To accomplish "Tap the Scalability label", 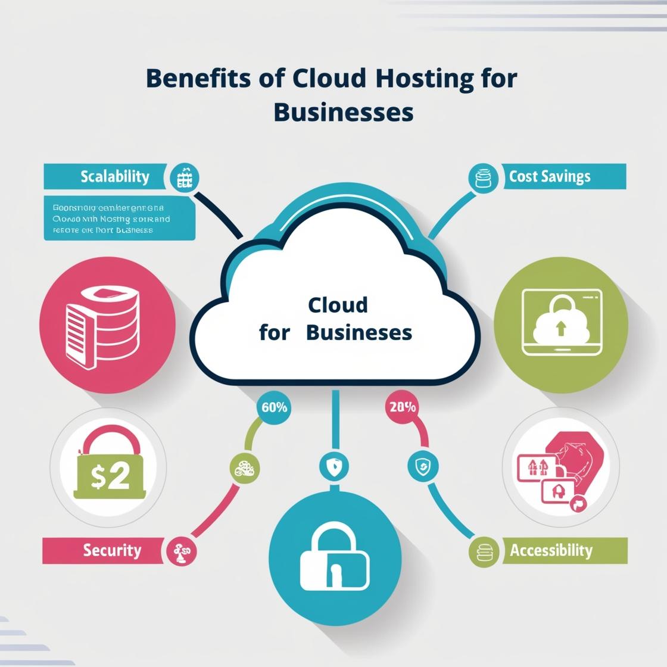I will click(115, 176).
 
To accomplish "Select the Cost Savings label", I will click(549, 176).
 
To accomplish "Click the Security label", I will click(112, 550).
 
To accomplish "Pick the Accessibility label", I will click(551, 550).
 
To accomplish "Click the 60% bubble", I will click(274, 408).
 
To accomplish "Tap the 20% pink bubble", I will click(403, 408).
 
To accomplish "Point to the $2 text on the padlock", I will click(110, 477).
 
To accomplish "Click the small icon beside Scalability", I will click(185, 177).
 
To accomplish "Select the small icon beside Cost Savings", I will click(483, 177).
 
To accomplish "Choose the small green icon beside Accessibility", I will click(483, 551).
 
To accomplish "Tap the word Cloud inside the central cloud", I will click(338, 305).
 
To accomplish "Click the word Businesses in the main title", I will click(344, 112).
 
